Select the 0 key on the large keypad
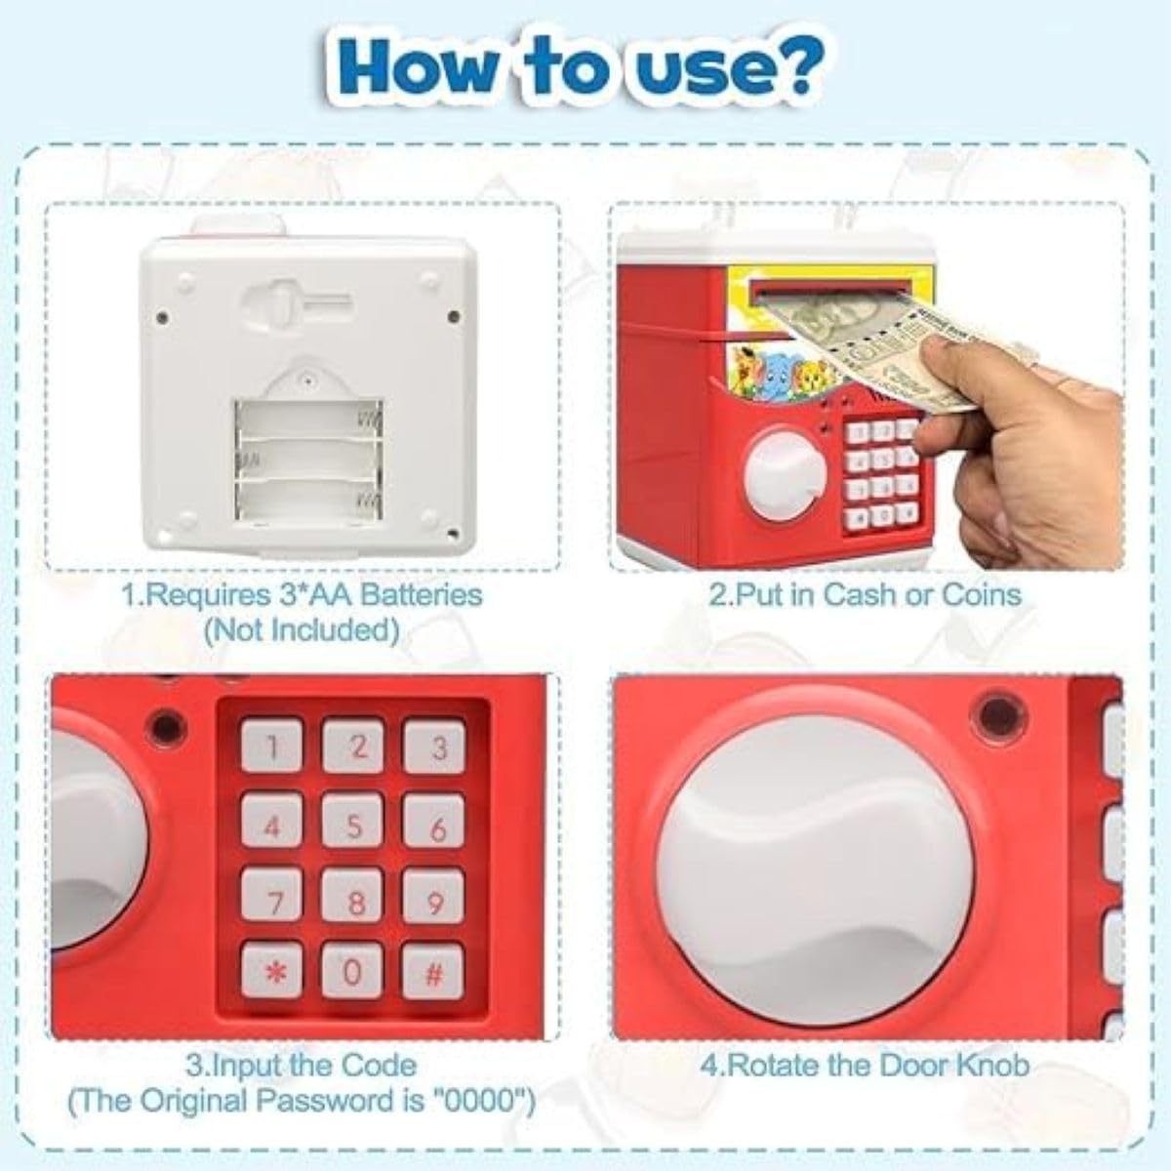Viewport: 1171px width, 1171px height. [x=353, y=971]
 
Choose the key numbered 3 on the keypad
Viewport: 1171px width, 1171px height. [x=435, y=748]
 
